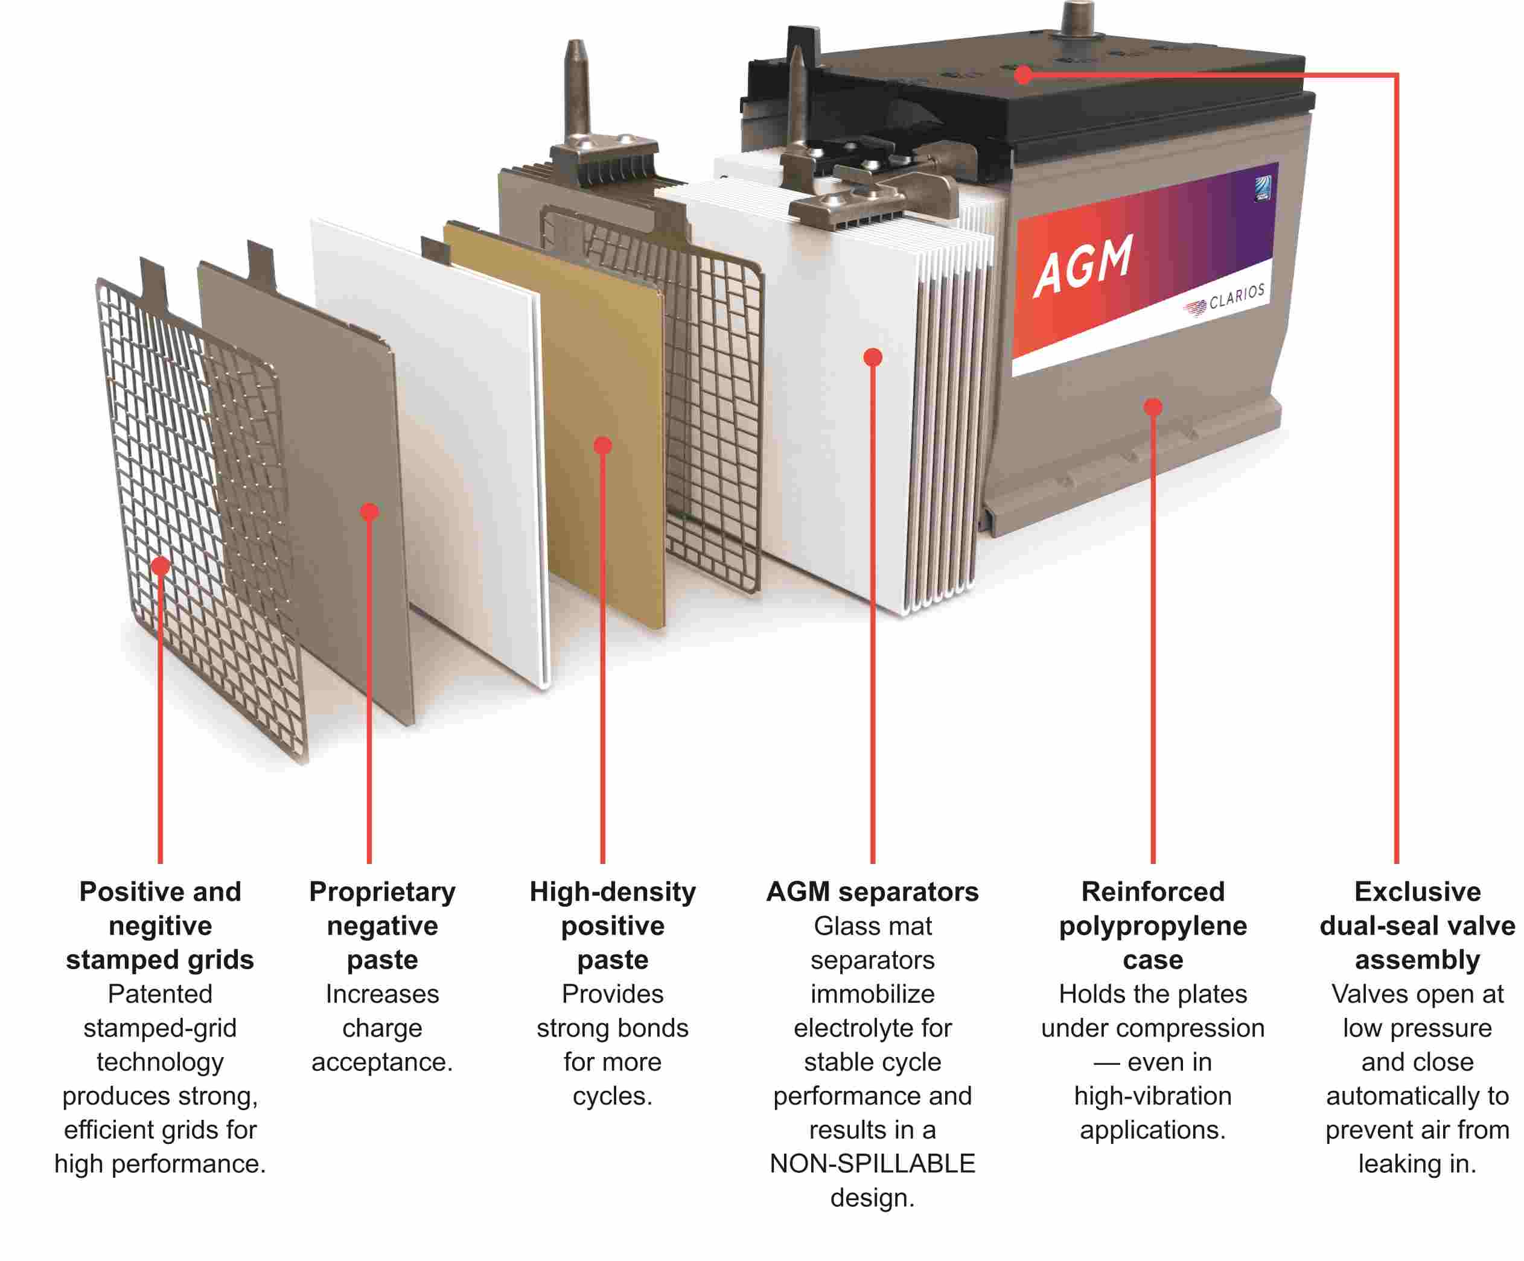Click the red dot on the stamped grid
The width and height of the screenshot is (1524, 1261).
tap(161, 565)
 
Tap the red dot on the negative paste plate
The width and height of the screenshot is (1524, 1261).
tap(369, 512)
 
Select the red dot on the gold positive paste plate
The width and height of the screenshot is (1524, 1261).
tap(602, 445)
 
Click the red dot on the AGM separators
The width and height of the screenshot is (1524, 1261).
tap(873, 357)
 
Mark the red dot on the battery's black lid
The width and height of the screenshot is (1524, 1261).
tap(1023, 74)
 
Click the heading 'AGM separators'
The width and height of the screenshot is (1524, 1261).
tap(872, 892)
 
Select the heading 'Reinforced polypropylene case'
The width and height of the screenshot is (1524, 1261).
tap(1152, 926)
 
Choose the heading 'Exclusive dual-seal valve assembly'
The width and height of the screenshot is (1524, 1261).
tap(1417, 926)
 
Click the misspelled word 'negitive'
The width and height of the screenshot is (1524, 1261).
tap(161, 926)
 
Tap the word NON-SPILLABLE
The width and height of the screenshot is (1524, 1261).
tap(872, 1164)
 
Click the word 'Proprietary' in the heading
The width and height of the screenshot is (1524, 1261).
tap(383, 892)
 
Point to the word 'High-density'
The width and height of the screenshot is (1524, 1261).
tap(613, 892)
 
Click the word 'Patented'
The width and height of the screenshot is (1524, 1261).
tap(161, 994)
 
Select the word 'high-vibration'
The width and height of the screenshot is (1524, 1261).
tap(1152, 1096)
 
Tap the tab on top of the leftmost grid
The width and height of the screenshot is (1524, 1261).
tap(154, 279)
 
